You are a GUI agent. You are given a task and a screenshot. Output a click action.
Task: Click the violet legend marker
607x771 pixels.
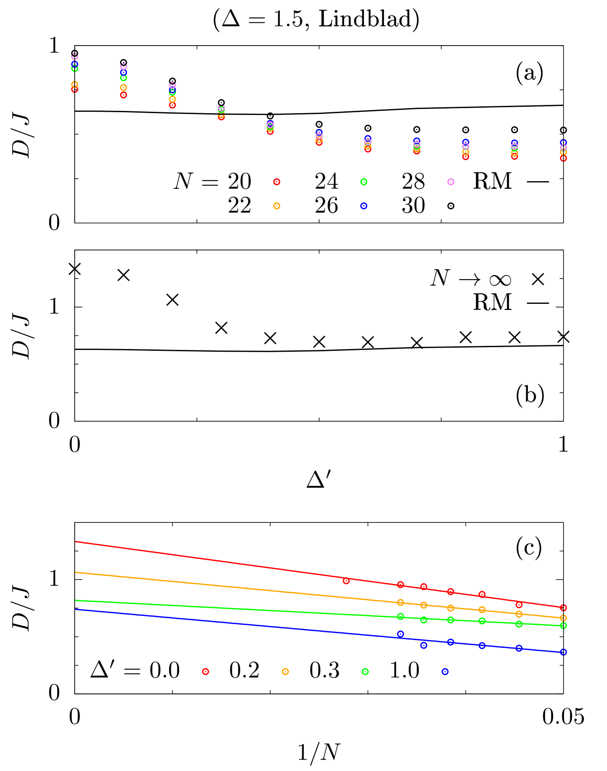(451, 182)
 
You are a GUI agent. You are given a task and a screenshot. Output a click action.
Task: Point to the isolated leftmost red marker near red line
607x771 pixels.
(346, 581)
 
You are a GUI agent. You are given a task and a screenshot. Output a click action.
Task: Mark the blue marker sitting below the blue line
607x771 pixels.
(424, 645)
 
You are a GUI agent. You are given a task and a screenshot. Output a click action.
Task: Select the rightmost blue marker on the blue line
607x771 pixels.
(563, 652)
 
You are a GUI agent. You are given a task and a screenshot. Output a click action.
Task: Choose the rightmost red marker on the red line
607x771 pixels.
(563, 608)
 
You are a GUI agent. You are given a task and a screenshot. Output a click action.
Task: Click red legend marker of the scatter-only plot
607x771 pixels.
(277, 182)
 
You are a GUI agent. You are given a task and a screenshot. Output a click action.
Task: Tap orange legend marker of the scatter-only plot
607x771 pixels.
(277, 206)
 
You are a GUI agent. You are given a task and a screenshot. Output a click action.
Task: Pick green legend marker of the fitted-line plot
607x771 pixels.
(365, 672)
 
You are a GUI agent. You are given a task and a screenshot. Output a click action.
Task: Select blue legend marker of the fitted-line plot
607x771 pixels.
(445, 672)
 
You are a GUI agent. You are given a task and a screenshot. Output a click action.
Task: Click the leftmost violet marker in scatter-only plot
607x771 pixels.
(75, 57)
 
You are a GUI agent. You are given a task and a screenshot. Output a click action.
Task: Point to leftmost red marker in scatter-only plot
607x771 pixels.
(75, 89)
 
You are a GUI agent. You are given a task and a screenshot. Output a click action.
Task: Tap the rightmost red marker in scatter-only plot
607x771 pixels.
(563, 158)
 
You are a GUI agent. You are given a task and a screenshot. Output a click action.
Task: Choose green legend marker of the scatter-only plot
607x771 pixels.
(364, 182)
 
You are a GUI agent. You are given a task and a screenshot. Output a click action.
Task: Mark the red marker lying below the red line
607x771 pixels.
(519, 605)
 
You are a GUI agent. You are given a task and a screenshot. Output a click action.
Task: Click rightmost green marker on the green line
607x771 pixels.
(563, 625)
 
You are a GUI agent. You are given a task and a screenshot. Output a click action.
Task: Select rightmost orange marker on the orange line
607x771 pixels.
(563, 618)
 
